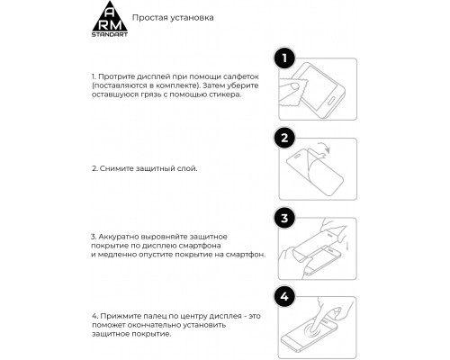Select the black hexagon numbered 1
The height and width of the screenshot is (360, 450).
click(284, 59)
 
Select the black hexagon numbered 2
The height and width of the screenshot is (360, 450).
click(284, 139)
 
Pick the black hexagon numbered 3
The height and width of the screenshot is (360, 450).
click(284, 218)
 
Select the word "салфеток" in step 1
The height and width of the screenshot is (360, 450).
click(235, 78)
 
